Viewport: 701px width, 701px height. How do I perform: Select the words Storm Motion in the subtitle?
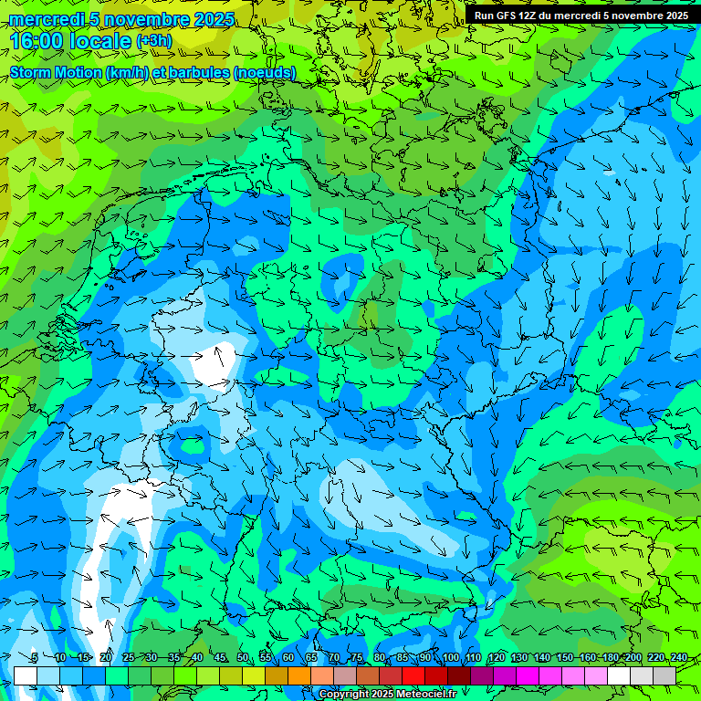(56, 72)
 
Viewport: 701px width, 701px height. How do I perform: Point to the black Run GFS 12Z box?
(581, 16)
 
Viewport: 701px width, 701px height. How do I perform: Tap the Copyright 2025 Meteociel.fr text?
(388, 695)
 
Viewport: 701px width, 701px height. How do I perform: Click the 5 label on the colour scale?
(35, 658)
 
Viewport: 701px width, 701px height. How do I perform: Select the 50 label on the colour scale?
(242, 658)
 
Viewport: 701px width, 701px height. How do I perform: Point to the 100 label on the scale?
(450, 658)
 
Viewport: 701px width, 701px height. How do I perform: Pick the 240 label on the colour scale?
(678, 658)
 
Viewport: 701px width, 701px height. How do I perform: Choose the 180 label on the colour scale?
(610, 658)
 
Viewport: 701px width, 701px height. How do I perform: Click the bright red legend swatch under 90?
(413, 675)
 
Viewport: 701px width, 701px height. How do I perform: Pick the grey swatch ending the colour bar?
(664, 675)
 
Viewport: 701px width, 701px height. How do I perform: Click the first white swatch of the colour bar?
(26, 675)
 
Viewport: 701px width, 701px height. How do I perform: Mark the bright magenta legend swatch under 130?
(527, 675)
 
